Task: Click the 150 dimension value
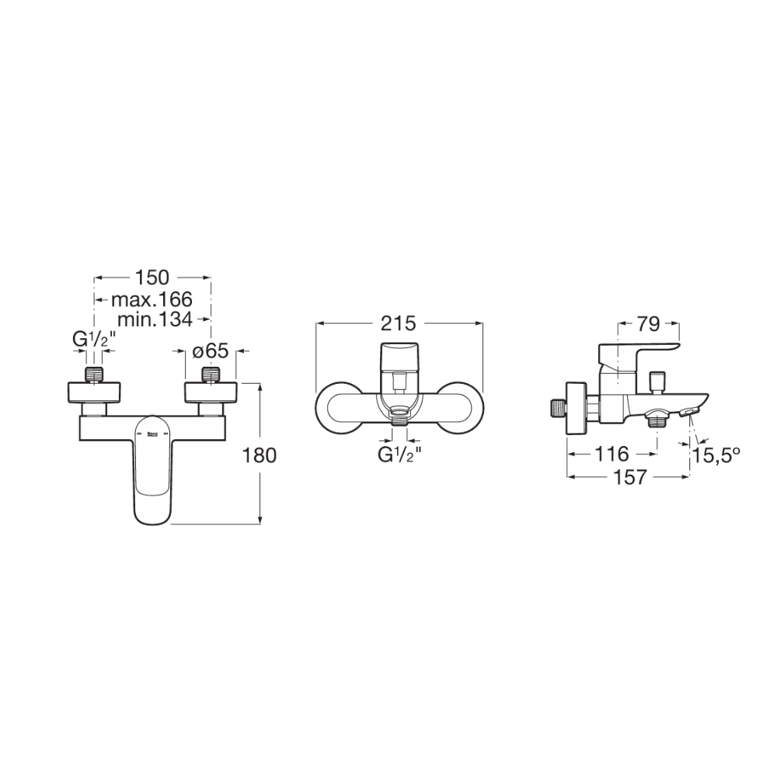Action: click(152, 278)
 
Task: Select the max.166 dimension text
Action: click(152, 299)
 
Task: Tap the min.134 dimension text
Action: click(155, 319)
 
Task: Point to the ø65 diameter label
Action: click(211, 351)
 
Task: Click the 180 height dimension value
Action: click(259, 455)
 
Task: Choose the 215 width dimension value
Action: click(399, 323)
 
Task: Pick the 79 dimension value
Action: click(649, 324)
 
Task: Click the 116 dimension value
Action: click(611, 454)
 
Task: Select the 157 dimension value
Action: click(630, 477)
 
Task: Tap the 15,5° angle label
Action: click(716, 455)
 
